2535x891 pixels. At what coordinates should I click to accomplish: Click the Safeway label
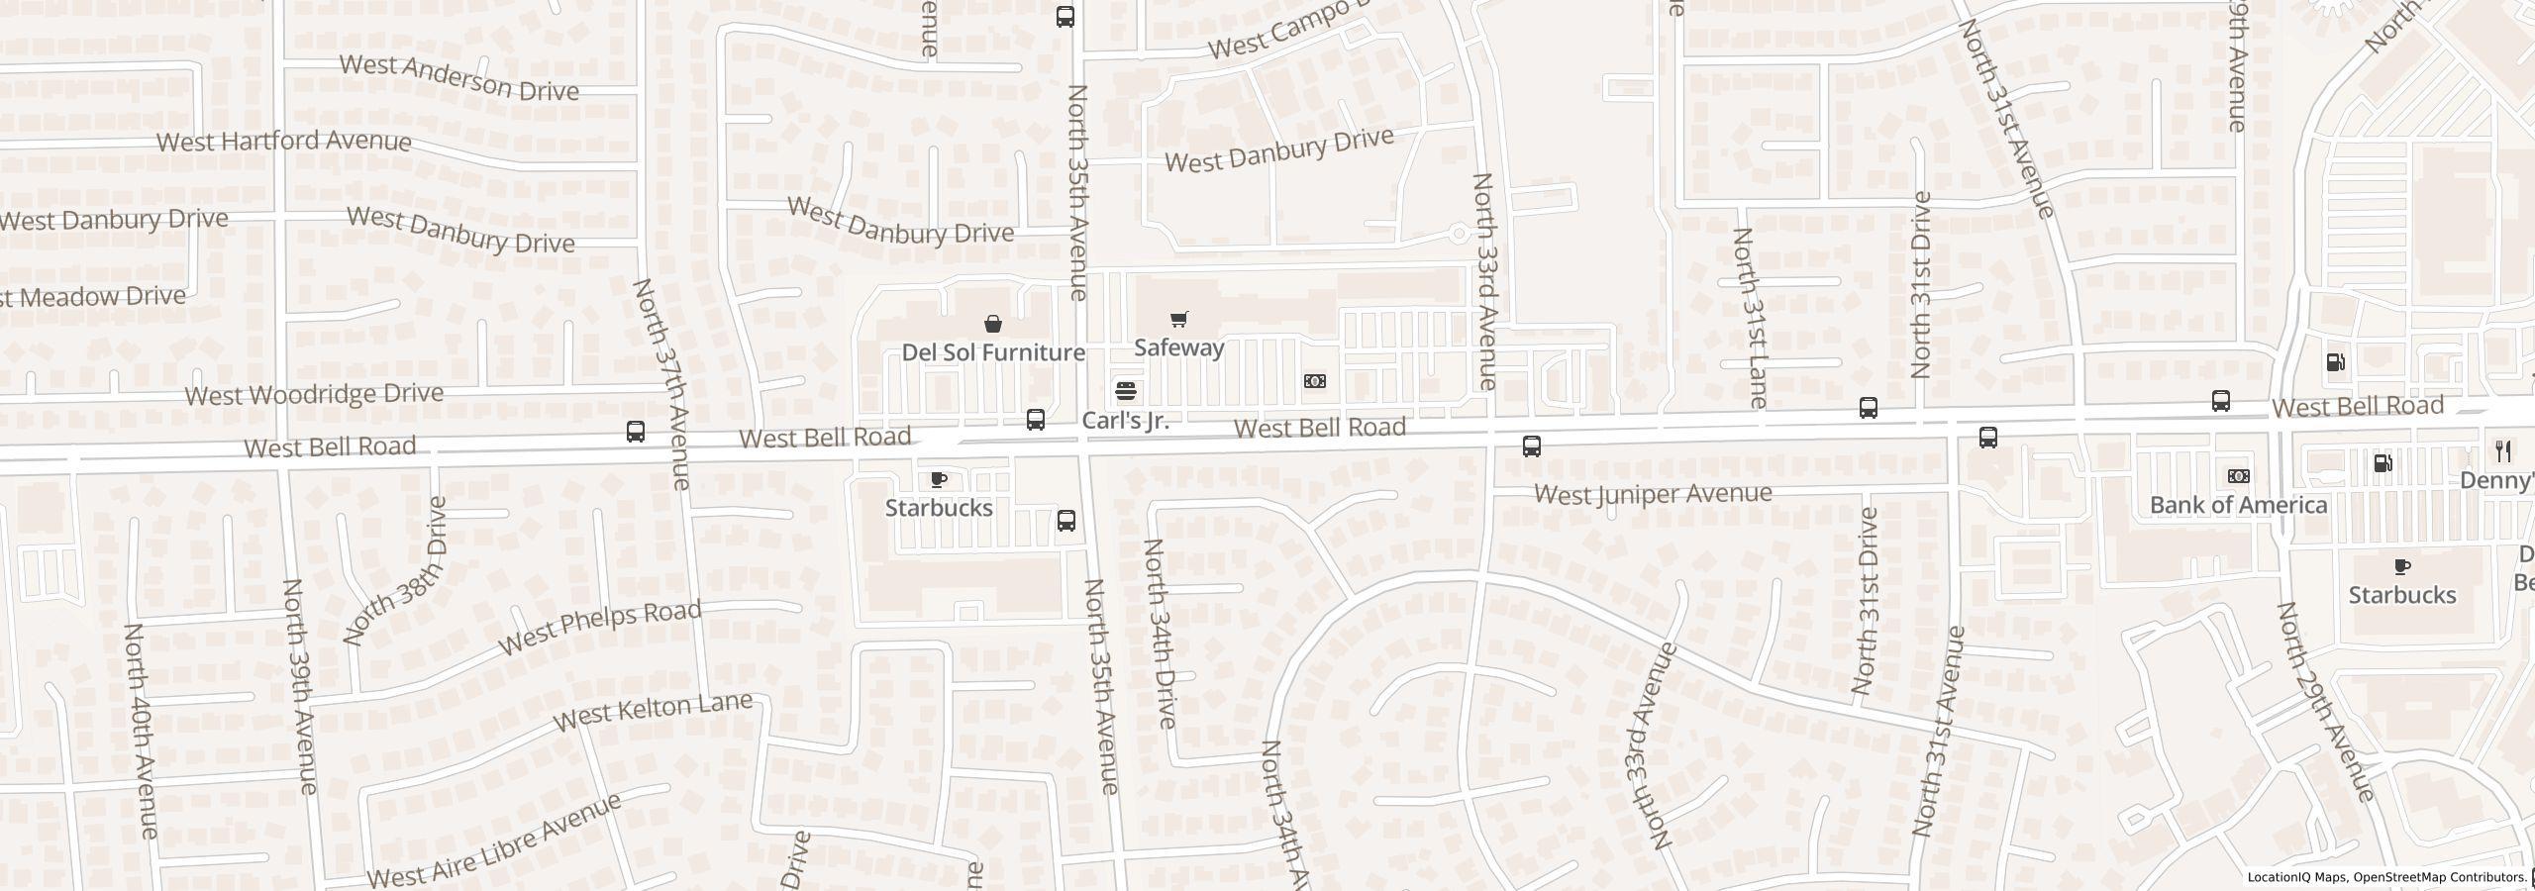[x=1178, y=347]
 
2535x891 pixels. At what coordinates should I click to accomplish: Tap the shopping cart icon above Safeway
[x=1178, y=319]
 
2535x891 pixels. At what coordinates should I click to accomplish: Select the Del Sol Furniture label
[x=993, y=352]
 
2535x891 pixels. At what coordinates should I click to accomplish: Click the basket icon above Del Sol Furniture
[x=992, y=324]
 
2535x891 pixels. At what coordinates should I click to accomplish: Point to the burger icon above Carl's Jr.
[x=1125, y=391]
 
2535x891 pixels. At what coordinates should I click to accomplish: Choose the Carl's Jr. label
[x=1125, y=420]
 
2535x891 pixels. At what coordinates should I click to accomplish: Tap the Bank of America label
[x=2238, y=505]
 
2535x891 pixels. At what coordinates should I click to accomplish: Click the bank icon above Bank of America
[x=2238, y=476]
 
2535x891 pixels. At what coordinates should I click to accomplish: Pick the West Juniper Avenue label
[x=1653, y=493]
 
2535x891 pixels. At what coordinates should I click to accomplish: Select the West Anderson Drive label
[x=458, y=78]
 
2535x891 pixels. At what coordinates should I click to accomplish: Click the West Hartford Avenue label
[x=284, y=141]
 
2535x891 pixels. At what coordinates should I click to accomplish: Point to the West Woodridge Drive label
[x=314, y=394]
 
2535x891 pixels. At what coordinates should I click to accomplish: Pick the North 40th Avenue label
[x=142, y=730]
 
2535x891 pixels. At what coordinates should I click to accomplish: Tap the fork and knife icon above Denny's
[x=2503, y=451]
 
